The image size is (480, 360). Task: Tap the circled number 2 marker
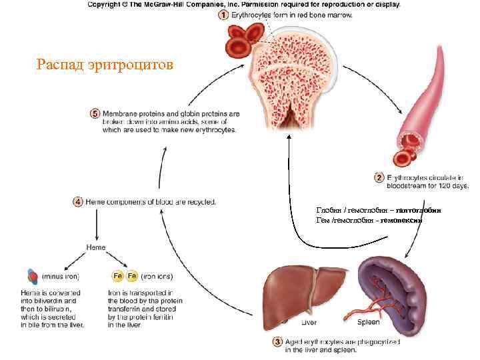click(379, 178)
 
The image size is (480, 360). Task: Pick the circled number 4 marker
click(78, 201)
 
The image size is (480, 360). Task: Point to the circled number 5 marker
click(95, 114)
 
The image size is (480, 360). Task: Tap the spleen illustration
click(389, 284)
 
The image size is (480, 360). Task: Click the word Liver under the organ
click(309, 322)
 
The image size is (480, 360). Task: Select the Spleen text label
click(368, 322)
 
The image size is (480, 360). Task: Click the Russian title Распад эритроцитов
click(105, 65)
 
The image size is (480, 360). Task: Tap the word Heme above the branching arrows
click(95, 247)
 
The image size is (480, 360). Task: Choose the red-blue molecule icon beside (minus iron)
click(33, 275)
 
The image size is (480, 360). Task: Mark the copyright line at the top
click(243, 5)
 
